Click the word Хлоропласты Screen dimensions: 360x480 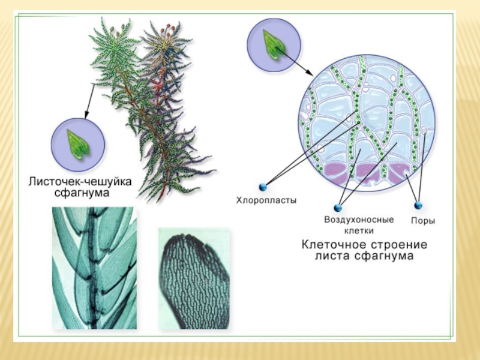[x=265, y=201]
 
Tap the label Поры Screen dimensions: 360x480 [x=422, y=220]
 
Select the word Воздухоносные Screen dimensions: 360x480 [x=359, y=220]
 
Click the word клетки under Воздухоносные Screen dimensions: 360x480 [x=359, y=230]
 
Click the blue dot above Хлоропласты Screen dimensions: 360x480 [x=262, y=187]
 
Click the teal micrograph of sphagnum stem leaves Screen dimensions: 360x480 [x=94, y=267]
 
